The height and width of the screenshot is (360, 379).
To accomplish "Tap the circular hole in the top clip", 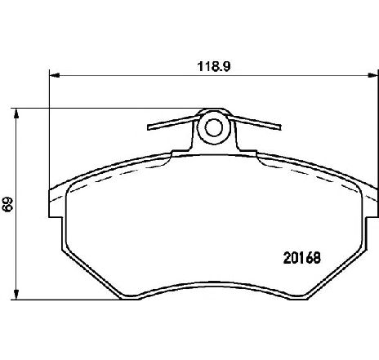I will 213,127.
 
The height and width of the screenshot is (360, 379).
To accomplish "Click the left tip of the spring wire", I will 148,129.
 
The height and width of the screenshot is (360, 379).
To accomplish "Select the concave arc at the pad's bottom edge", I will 212,287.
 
